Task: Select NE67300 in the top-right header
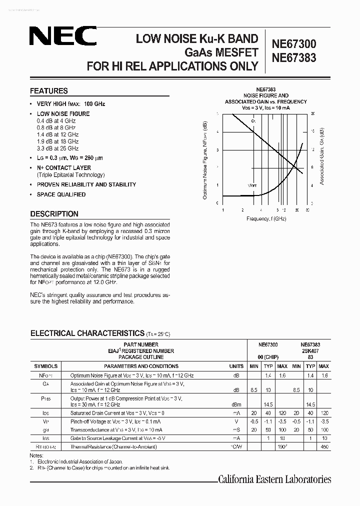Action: click(293, 44)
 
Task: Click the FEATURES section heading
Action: click(48, 91)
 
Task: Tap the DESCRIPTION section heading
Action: click(54, 213)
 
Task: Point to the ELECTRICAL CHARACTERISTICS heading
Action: click(87, 333)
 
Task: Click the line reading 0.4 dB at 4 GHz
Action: click(56, 121)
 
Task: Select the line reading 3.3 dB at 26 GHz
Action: click(57, 148)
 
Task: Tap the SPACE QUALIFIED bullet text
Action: click(61, 194)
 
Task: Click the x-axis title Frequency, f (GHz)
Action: click(266, 219)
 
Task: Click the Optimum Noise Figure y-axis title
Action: click(204, 159)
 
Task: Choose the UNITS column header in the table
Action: click(236, 366)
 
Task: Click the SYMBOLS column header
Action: click(45, 366)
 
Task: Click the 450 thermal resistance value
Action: click(324, 446)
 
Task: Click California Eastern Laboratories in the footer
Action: click(274, 479)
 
